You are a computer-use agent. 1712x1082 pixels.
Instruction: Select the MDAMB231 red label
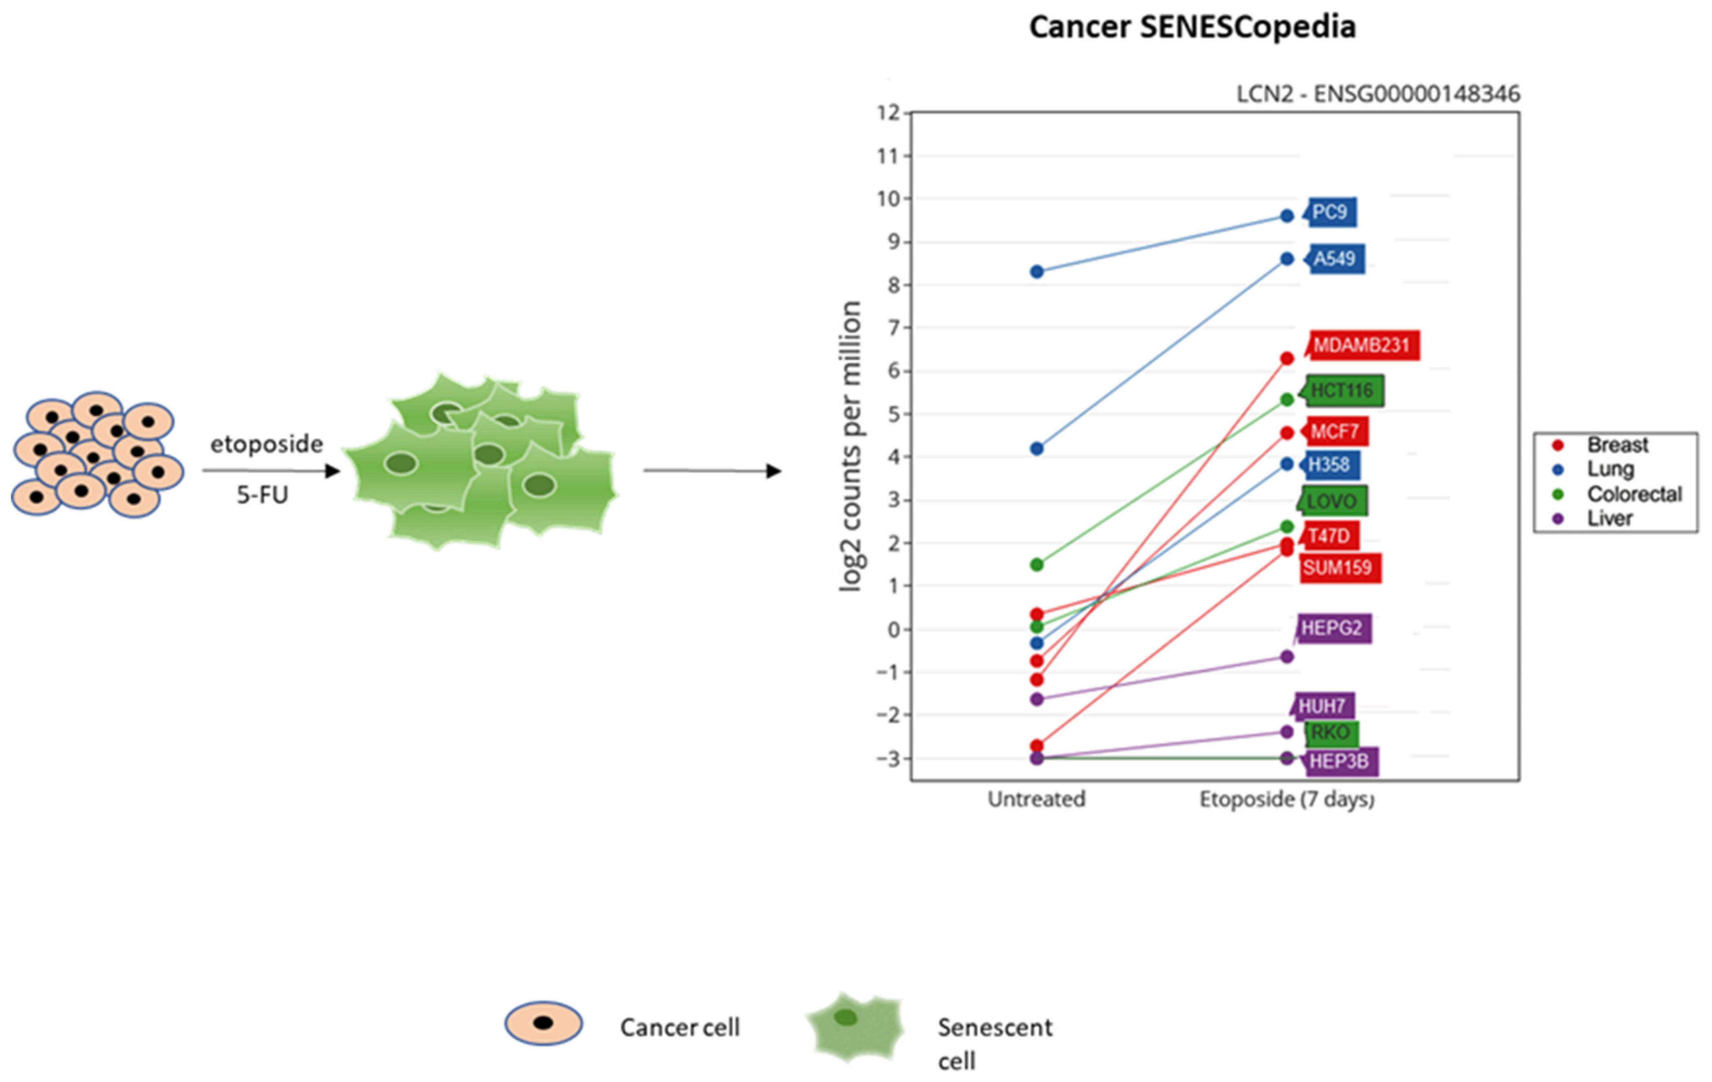[1361, 345]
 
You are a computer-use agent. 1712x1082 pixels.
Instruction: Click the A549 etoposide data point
[1287, 259]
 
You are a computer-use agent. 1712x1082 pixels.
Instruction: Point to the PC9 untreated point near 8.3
[1036, 272]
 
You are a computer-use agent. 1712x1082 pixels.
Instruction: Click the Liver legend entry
[1610, 518]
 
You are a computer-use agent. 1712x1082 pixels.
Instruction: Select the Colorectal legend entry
[1634, 494]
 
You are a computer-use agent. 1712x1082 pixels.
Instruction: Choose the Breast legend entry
[1617, 445]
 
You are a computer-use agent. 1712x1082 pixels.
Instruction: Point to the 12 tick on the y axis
[889, 112]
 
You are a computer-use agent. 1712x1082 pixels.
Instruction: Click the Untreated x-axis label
[1036, 799]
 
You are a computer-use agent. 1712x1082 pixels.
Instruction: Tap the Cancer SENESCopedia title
[1192, 27]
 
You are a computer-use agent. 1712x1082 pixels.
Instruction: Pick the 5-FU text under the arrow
[262, 495]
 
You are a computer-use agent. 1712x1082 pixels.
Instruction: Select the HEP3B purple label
[1339, 761]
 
